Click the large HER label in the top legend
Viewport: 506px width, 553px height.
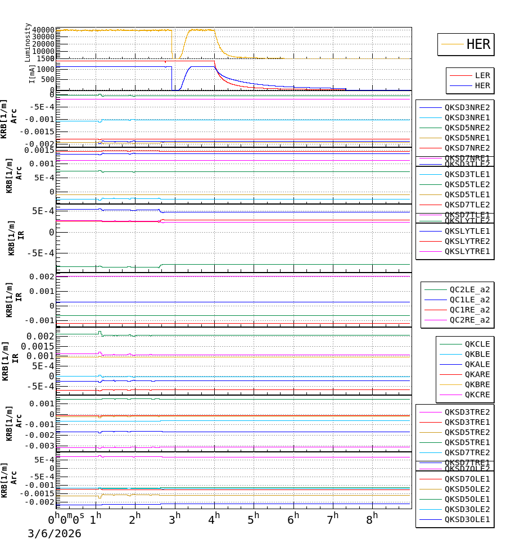pyautogui.click(x=478, y=44)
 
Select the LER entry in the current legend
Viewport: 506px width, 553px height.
pyautogui.click(x=482, y=75)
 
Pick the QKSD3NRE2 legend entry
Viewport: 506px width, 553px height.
pyautogui.click(x=467, y=107)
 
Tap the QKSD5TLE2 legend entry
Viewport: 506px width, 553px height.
pyautogui.click(x=467, y=184)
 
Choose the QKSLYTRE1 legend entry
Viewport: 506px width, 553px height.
pyautogui.click(x=467, y=251)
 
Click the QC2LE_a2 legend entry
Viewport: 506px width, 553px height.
pyautogui.click(x=469, y=289)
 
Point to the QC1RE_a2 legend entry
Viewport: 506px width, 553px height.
pyautogui.click(x=469, y=310)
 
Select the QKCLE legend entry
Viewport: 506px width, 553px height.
pyautogui.click(x=477, y=344)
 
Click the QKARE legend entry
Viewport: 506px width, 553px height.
pyautogui.click(x=477, y=374)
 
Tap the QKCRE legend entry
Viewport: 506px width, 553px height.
pyautogui.click(x=477, y=395)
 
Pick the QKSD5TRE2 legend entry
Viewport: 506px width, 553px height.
pyautogui.click(x=467, y=432)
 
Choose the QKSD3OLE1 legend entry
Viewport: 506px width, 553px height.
pyautogui.click(x=467, y=519)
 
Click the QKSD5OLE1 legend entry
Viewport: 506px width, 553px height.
pyautogui.click(x=467, y=499)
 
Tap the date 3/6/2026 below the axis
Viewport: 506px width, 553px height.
pyautogui.click(x=55, y=534)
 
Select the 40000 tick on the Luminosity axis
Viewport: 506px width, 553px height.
pyautogui.click(x=43, y=30)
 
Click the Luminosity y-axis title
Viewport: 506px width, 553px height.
pyautogui.click(x=28, y=42)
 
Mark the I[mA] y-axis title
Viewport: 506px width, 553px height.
pyautogui.click(x=32, y=74)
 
